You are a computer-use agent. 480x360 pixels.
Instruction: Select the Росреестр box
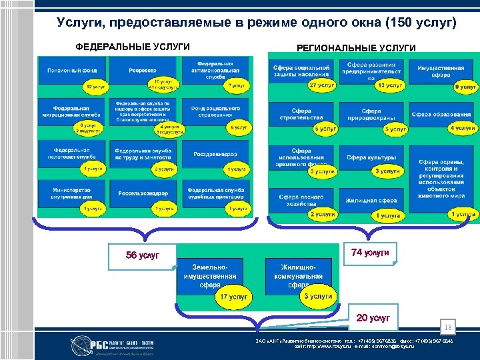coord(142,70)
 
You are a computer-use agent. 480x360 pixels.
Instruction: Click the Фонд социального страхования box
coord(215,111)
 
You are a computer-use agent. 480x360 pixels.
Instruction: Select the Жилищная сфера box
coord(371,200)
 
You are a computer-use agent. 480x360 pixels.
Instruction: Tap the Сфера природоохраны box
coord(371,115)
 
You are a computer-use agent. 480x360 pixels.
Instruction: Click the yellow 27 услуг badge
coord(322,85)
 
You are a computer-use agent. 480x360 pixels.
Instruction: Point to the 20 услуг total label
coord(373,317)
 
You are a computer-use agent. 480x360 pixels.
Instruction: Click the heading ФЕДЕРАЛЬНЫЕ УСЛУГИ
coord(133,47)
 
